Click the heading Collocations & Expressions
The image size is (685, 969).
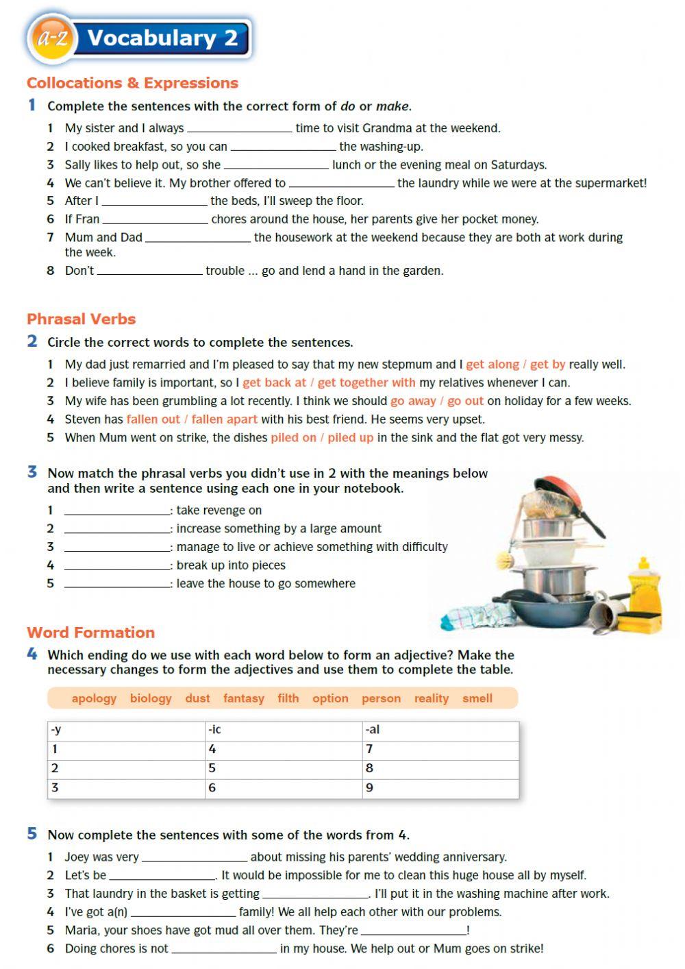(x=132, y=83)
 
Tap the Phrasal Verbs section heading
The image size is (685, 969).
(x=81, y=319)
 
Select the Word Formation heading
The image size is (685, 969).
(x=90, y=632)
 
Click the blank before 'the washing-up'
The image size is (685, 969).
(x=283, y=147)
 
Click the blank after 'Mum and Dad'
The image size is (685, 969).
(x=198, y=238)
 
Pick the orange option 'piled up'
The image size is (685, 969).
(x=350, y=437)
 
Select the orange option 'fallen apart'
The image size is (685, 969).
(x=224, y=419)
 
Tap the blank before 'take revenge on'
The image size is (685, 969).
(x=116, y=511)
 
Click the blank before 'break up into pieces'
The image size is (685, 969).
(x=116, y=565)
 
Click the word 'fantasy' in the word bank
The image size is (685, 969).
(x=243, y=698)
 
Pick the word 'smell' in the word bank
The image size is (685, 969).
(x=477, y=698)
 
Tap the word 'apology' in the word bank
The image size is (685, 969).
(x=94, y=698)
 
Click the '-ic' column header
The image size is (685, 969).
(x=283, y=730)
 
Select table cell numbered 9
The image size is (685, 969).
(x=440, y=788)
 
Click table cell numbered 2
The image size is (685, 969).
(x=126, y=768)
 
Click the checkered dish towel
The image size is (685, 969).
(x=473, y=613)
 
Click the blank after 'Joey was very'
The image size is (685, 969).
(x=194, y=857)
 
